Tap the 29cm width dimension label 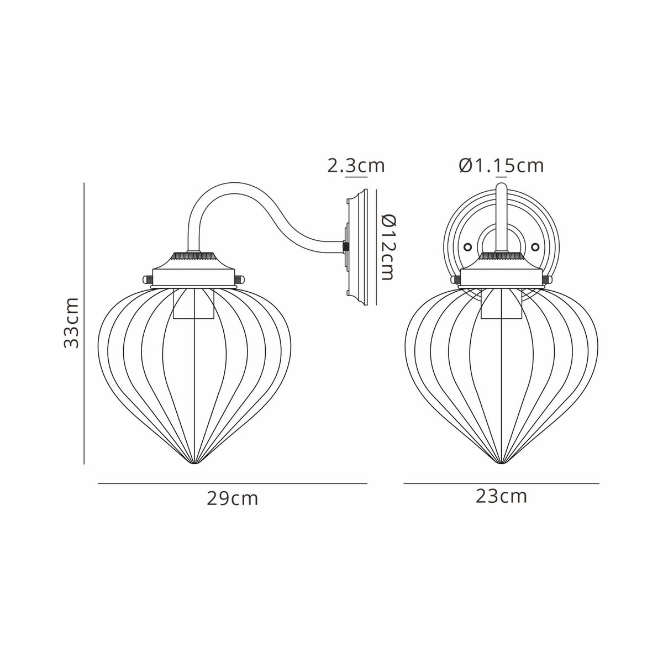tap(233, 498)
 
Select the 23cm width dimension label tap(501, 496)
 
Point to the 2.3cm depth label tap(356, 165)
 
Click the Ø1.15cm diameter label tap(501, 165)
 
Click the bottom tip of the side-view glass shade tap(193, 463)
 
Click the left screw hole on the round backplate tap(467, 247)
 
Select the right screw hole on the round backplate tap(535, 247)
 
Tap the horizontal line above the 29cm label tap(233, 483)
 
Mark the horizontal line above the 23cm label tap(501, 483)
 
